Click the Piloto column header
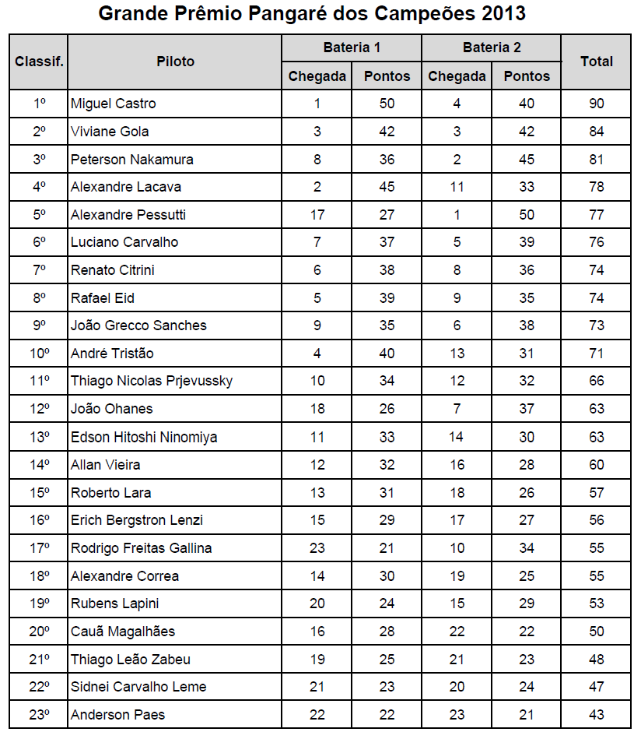(x=175, y=61)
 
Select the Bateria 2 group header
(x=492, y=48)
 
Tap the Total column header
(x=597, y=61)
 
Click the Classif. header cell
(x=39, y=61)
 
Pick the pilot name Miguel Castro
(x=113, y=104)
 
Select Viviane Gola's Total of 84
(x=597, y=132)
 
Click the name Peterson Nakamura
(x=131, y=160)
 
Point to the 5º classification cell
(x=40, y=215)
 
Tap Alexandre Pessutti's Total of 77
(x=597, y=215)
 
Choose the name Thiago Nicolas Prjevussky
(x=152, y=381)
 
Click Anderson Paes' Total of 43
(x=597, y=715)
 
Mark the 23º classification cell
(x=40, y=715)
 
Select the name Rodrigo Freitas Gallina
(x=141, y=548)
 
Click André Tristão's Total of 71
(x=597, y=354)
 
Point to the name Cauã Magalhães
(x=123, y=632)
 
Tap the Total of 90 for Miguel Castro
(x=597, y=104)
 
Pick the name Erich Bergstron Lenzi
(x=137, y=520)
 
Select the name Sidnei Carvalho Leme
(x=138, y=687)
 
